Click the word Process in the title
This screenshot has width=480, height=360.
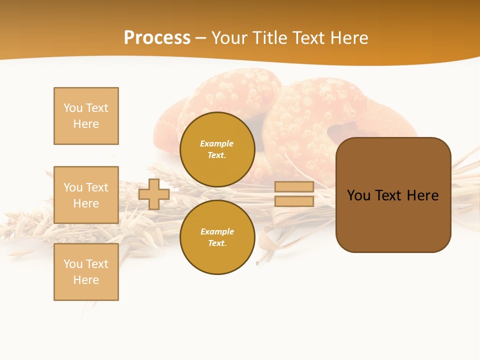point(157,38)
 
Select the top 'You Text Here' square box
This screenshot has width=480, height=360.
point(86,116)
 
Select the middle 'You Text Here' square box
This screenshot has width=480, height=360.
point(86,195)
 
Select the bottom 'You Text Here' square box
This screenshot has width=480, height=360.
point(86,272)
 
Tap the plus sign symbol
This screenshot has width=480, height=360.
point(154,194)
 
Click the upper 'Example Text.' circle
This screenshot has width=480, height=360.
point(217,149)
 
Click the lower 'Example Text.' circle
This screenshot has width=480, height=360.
point(217,237)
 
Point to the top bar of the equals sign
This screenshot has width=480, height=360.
point(294,187)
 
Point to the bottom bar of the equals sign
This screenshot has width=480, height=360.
point(294,201)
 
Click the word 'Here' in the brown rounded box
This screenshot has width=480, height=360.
point(422,195)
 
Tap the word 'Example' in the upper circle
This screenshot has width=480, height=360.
point(217,143)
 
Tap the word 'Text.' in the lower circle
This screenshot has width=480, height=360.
point(217,243)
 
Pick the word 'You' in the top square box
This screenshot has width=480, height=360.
point(73,108)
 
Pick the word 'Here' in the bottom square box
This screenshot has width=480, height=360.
point(86,280)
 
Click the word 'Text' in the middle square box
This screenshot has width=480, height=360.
point(97,187)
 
